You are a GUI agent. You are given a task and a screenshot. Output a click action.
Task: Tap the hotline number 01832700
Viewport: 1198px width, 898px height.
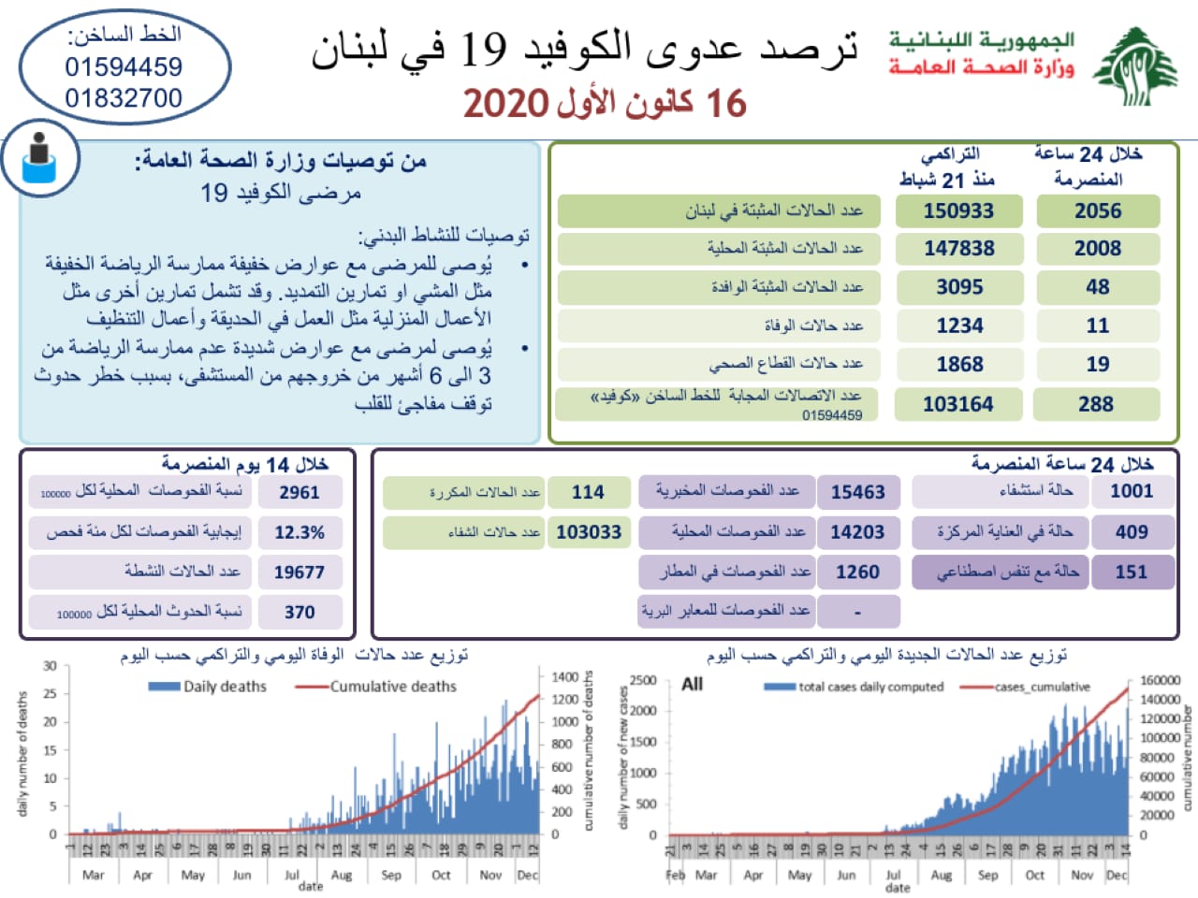(124, 98)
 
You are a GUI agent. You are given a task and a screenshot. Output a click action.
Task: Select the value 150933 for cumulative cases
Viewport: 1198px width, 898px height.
(958, 211)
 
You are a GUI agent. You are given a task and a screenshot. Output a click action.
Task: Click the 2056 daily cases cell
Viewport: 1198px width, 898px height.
(1098, 211)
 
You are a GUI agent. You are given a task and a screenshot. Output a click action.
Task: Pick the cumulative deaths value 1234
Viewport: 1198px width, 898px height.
(959, 326)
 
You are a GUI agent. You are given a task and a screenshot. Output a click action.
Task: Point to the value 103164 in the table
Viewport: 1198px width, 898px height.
(958, 404)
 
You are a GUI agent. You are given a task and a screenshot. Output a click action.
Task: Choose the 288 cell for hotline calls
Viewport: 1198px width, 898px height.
(1096, 404)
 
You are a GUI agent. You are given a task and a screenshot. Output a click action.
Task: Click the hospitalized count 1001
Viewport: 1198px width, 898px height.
(1132, 491)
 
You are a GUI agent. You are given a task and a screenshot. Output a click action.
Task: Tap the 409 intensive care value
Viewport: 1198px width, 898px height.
(1132, 531)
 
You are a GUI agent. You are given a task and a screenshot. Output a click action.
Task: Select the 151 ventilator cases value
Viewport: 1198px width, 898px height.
(1132, 572)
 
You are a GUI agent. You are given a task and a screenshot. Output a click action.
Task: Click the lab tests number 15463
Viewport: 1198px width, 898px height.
(857, 492)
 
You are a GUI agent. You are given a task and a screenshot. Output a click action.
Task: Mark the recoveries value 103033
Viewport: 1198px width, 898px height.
(589, 532)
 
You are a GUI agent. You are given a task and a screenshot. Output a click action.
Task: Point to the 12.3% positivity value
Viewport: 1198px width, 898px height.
(299, 532)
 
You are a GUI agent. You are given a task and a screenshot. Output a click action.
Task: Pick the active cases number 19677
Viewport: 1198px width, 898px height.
(299, 572)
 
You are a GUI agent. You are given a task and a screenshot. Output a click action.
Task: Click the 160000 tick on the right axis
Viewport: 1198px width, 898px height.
(1161, 680)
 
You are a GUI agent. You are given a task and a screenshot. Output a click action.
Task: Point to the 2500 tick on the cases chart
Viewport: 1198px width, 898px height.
(642, 680)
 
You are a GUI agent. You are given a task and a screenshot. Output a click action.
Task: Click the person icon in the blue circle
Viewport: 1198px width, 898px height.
(39, 157)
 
